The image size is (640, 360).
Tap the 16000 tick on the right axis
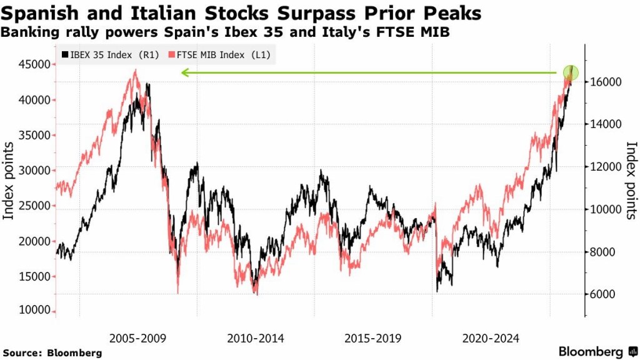click(x=604, y=82)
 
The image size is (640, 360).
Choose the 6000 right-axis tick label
click(x=601, y=294)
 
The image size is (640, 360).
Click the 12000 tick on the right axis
click(x=604, y=167)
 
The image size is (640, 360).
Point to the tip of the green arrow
click(x=182, y=73)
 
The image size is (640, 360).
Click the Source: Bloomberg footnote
click(x=52, y=352)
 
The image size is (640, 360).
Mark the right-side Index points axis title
click(x=631, y=181)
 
